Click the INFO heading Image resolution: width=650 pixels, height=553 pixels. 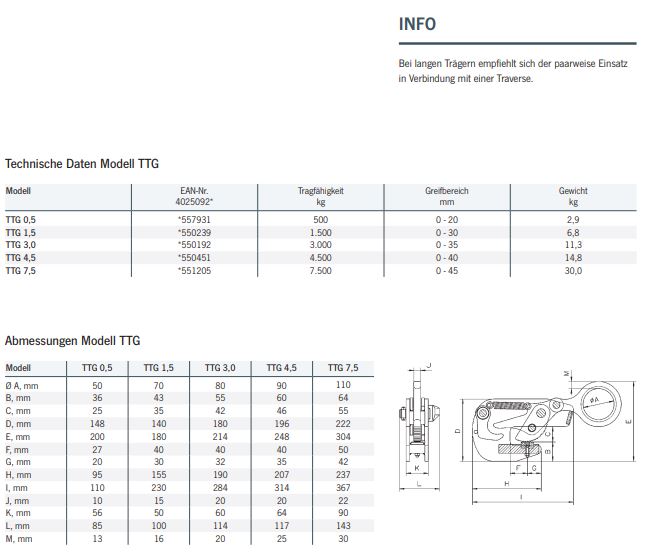tap(417, 24)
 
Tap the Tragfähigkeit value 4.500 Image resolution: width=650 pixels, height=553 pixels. tap(320, 257)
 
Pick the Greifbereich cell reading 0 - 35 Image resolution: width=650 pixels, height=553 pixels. tap(446, 245)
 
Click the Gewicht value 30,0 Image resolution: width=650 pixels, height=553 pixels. tap(573, 271)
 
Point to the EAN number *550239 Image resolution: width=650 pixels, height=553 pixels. tap(194, 233)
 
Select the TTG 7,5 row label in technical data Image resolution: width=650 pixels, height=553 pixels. tap(21, 271)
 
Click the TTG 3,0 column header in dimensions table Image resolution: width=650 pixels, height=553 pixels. tap(220, 368)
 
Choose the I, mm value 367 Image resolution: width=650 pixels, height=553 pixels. tap(343, 488)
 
